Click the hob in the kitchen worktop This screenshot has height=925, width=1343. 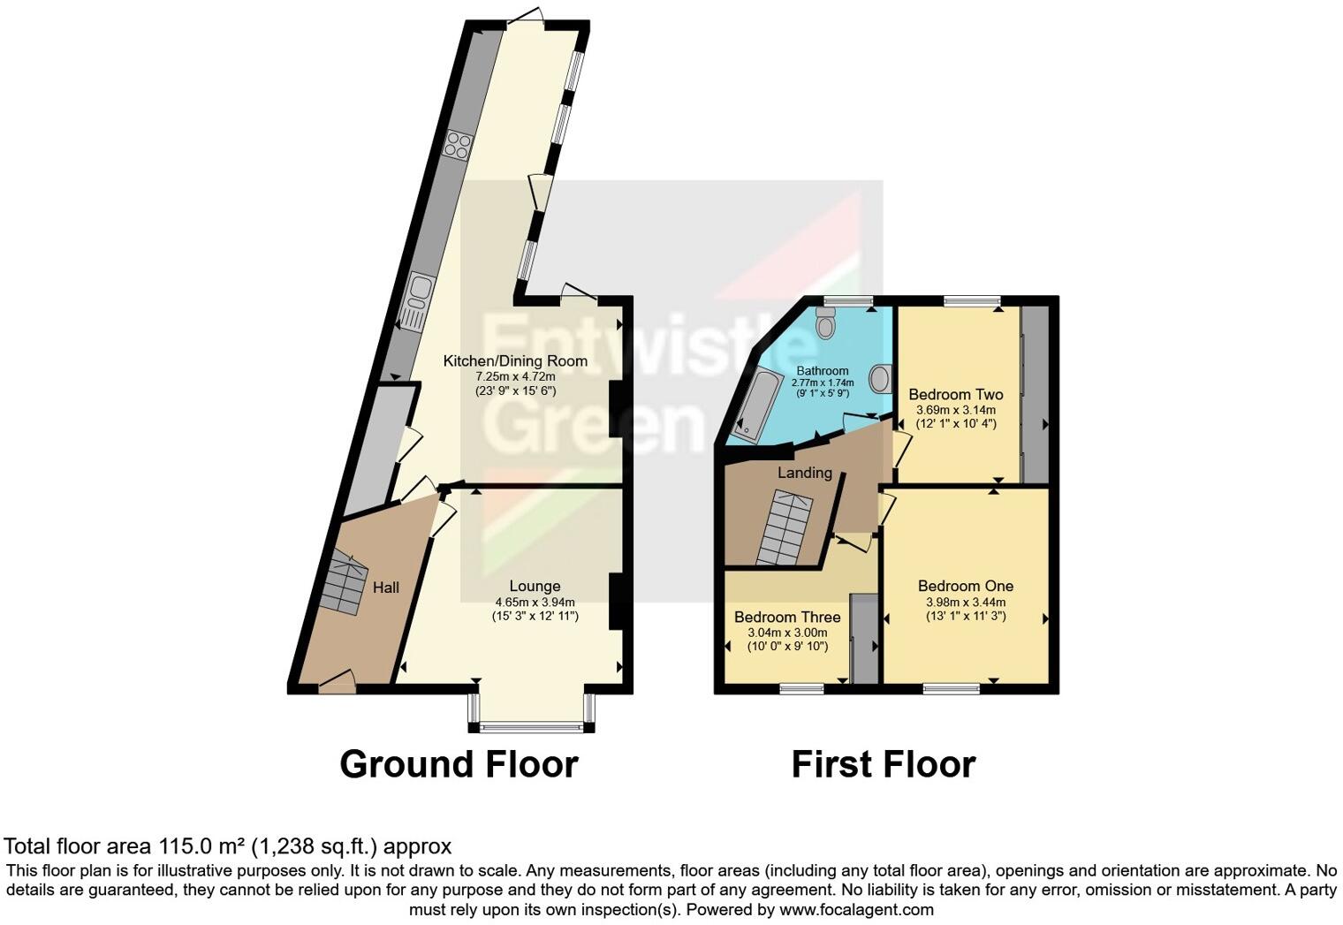[458, 144]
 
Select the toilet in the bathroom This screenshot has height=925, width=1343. [826, 324]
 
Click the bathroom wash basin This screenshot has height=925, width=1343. [880, 380]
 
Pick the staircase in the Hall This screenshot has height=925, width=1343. [345, 580]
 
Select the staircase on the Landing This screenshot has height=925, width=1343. [785, 528]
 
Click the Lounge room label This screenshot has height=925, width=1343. [535, 586]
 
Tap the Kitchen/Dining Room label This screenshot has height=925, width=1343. [515, 360]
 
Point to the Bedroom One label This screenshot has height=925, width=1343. [965, 586]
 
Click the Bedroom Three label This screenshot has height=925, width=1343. [787, 617]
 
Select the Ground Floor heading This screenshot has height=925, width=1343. [459, 764]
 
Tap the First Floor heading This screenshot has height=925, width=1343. [883, 764]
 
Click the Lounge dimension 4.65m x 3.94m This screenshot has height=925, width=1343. [535, 603]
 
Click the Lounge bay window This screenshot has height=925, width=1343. [532, 727]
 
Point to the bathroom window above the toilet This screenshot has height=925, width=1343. [843, 300]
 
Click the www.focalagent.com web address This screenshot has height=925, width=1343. [854, 909]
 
